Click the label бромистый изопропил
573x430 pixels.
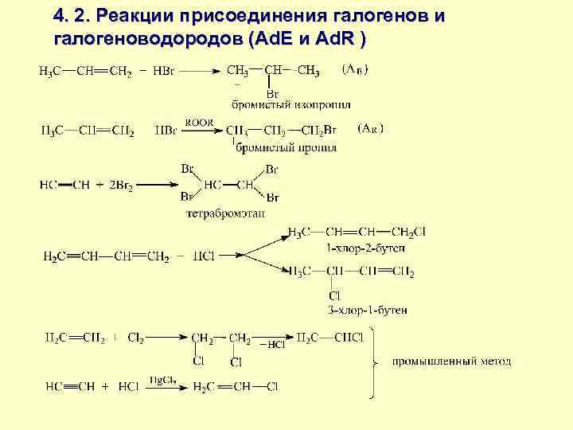click(x=291, y=104)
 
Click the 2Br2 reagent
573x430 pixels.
click(x=119, y=184)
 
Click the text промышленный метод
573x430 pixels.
click(x=451, y=362)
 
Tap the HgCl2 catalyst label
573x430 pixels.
click(x=162, y=380)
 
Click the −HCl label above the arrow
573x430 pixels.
click(x=271, y=344)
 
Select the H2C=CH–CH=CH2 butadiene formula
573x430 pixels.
click(x=106, y=256)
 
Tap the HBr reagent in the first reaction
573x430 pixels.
click(x=166, y=72)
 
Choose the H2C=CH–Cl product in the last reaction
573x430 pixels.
click(x=235, y=388)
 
